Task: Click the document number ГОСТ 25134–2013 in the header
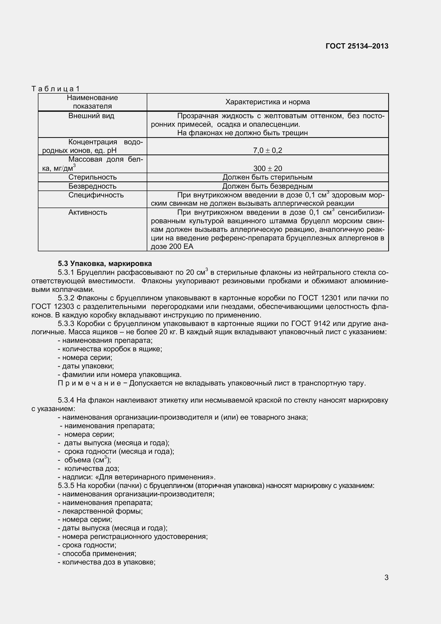(x=357, y=46)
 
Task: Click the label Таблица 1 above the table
(x=55, y=89)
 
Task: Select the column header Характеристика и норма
(x=267, y=102)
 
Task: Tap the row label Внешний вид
(x=91, y=116)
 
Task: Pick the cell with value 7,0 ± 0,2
(x=267, y=150)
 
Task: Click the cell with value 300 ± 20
(x=267, y=169)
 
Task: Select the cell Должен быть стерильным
(x=267, y=177)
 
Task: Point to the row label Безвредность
(x=92, y=186)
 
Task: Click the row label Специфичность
(x=96, y=195)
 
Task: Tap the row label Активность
(x=88, y=212)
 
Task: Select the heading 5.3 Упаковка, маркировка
(x=105, y=264)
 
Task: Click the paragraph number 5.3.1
(x=66, y=272)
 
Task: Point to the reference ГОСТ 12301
(x=320, y=298)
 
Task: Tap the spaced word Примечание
(x=89, y=383)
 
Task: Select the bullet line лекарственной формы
(x=100, y=511)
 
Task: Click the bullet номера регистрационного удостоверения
(x=133, y=537)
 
